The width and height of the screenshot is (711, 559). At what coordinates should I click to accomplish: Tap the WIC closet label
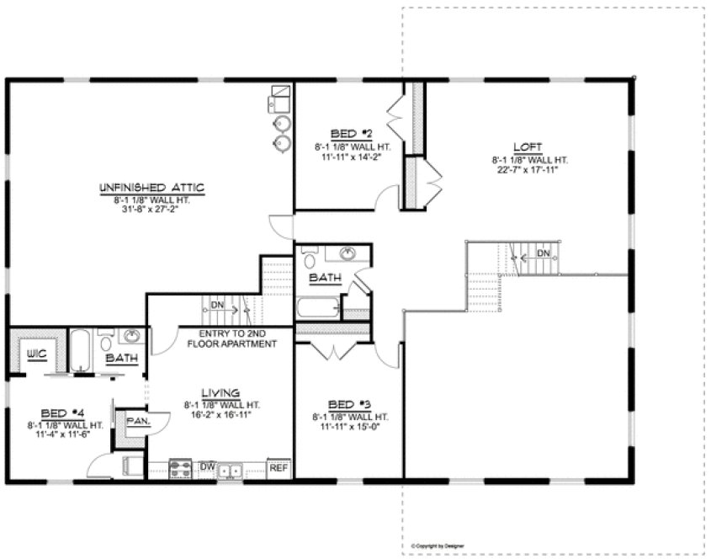[35, 354]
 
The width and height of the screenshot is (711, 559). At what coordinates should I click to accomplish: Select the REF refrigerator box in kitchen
[279, 467]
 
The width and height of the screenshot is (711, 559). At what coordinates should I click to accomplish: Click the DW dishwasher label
[207, 466]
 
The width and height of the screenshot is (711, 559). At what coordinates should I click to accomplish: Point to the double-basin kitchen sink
[230, 469]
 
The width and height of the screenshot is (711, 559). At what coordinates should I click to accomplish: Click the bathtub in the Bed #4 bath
[81, 350]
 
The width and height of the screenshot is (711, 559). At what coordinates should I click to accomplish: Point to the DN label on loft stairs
[544, 252]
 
